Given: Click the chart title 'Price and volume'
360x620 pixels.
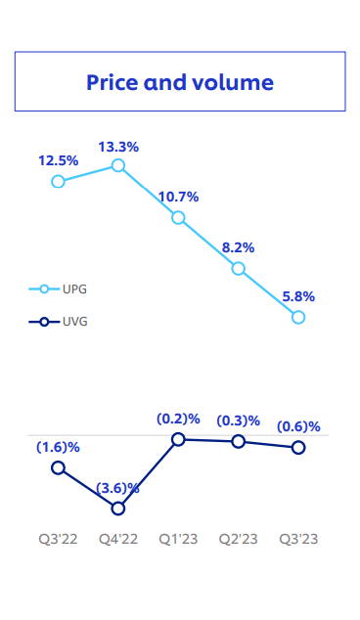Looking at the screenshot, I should coord(180,82).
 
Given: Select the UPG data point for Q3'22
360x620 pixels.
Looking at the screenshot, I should coord(59,181).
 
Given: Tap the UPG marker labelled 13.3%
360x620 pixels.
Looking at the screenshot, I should coord(118,165).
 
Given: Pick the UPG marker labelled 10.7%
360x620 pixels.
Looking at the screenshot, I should coord(178,217).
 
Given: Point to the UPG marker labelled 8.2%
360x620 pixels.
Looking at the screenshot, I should coord(239,268).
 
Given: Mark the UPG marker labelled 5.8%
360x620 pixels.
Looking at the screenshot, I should coord(298,317).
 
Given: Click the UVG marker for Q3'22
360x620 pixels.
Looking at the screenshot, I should coord(59,467).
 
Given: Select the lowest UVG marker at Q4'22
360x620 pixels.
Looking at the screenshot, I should coord(118,508).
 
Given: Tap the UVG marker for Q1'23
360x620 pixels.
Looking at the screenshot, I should coord(178,440).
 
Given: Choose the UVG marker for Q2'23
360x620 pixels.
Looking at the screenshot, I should coord(239,442).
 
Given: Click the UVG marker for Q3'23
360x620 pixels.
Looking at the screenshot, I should coord(298,447).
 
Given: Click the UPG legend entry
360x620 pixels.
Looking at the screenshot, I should coord(59,289).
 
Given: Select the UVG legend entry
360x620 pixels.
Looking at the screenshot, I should coord(59,322).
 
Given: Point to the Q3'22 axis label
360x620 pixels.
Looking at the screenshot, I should coord(58,539).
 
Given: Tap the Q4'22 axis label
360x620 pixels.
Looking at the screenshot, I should coord(118,539).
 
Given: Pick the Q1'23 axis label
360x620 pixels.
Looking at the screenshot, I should coord(179,539).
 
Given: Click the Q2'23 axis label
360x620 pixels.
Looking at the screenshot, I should coord(239,539).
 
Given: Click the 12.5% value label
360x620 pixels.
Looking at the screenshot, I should coord(59,159).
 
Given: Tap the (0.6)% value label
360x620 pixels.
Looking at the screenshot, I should coord(298,425).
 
